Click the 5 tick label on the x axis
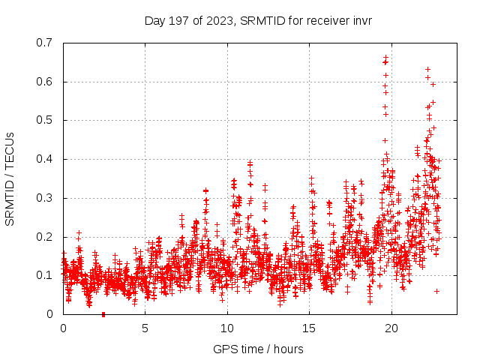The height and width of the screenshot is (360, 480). point(145,328)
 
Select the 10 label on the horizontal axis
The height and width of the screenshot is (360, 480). point(227,328)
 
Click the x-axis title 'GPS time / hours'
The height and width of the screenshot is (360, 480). point(258,349)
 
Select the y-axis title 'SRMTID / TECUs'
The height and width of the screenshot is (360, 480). point(10,178)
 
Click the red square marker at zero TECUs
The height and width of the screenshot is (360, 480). point(103,314)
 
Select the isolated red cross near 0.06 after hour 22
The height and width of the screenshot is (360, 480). point(436,291)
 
